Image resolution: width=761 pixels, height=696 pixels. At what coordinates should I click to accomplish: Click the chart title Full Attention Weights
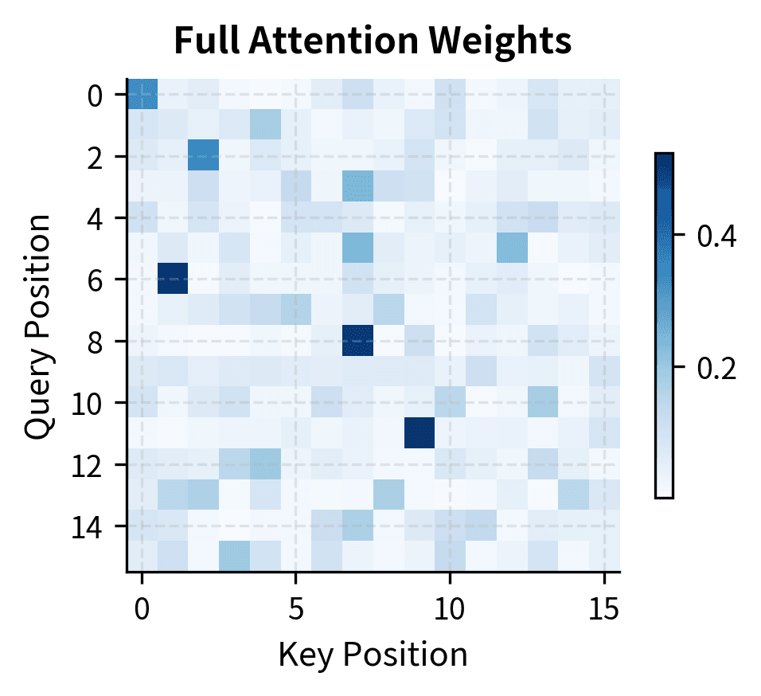pyautogui.click(x=373, y=41)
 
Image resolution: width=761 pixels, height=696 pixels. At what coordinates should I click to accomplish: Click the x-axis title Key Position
pyautogui.click(x=373, y=655)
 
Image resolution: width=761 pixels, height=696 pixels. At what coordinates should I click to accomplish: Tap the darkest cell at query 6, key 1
pyautogui.click(x=173, y=280)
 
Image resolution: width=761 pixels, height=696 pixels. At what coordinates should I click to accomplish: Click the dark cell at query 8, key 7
pyautogui.click(x=357, y=341)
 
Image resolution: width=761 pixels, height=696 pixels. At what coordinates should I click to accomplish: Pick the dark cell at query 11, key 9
pyautogui.click(x=420, y=433)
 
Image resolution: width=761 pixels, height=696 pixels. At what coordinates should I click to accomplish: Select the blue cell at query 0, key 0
pyautogui.click(x=142, y=95)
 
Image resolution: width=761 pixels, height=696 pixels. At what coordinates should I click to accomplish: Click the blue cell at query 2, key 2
pyautogui.click(x=204, y=156)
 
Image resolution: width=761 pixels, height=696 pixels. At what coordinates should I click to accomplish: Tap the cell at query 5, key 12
pyautogui.click(x=512, y=248)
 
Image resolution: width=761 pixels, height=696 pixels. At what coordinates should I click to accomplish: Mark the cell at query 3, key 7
pyautogui.click(x=357, y=187)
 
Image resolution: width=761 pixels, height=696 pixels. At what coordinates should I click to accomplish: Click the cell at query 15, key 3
pyautogui.click(x=235, y=557)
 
